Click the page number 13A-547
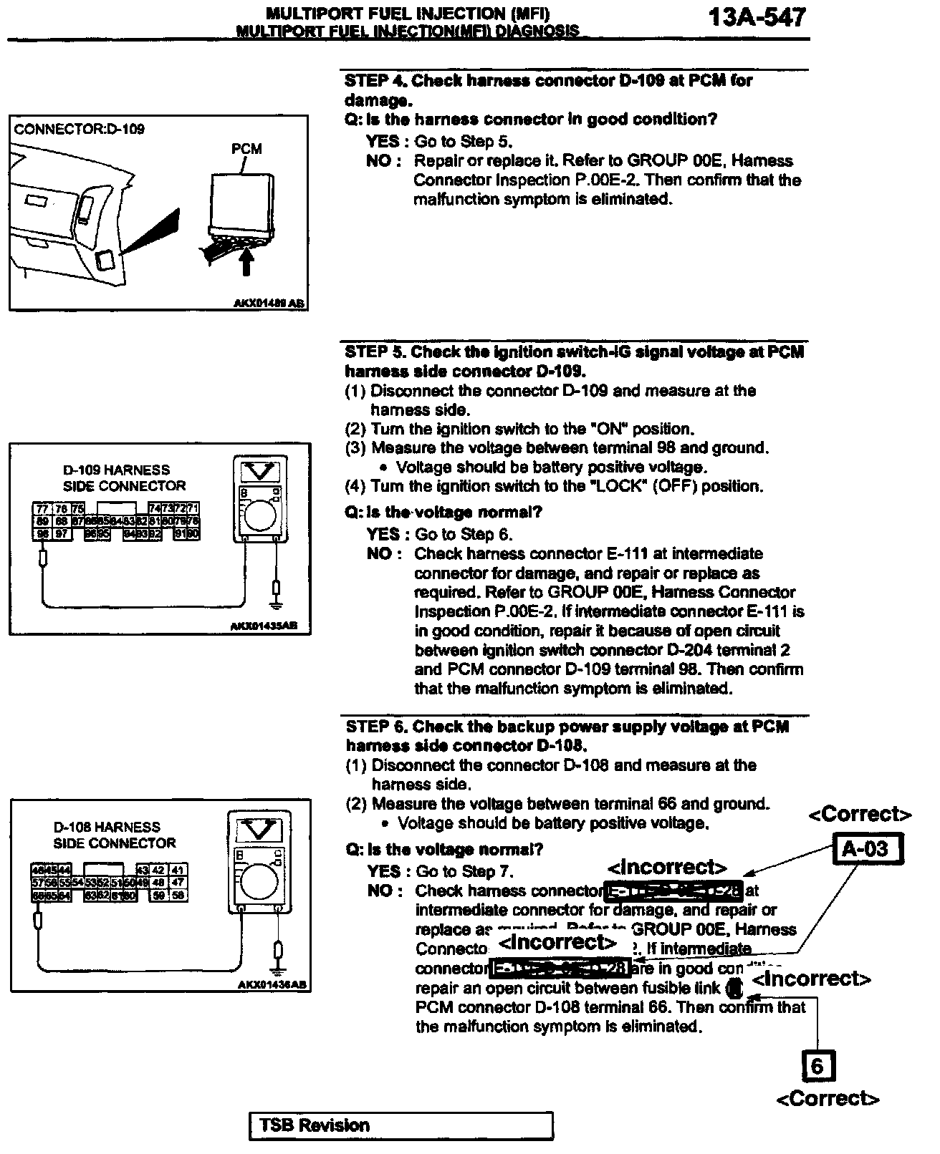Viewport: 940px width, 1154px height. [757, 17]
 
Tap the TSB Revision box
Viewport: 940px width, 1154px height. [401, 1125]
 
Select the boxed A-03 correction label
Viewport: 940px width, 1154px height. [865, 850]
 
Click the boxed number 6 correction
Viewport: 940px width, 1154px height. [817, 1067]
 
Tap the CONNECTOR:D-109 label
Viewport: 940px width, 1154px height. [79, 130]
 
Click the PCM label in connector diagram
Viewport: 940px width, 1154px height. [246, 149]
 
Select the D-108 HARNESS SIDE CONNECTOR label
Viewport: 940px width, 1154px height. [114, 835]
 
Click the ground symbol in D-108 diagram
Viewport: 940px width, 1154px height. [278, 951]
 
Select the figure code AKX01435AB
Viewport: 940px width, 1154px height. [263, 626]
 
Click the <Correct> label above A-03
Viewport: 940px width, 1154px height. [860, 815]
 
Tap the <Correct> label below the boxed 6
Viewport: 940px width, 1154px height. [828, 1099]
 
